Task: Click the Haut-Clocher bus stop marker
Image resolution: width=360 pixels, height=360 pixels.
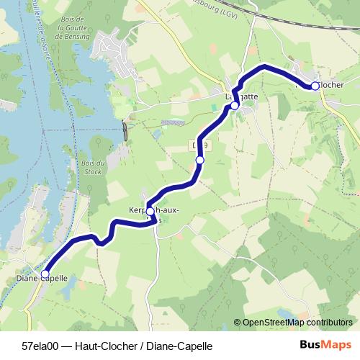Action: click(x=315, y=86)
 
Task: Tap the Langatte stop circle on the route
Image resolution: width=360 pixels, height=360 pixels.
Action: click(x=234, y=106)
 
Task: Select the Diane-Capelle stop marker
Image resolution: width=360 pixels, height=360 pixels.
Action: click(x=45, y=274)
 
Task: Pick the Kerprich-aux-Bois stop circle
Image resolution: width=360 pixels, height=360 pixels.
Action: click(x=150, y=212)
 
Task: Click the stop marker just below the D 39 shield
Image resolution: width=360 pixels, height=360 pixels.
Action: click(x=200, y=160)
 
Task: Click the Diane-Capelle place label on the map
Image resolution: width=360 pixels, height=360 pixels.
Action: click(x=41, y=278)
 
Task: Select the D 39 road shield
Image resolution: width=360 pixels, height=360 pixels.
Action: click(x=199, y=145)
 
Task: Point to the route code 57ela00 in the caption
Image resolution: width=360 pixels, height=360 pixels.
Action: click(x=40, y=346)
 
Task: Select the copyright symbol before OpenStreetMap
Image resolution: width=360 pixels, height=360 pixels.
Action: click(x=237, y=323)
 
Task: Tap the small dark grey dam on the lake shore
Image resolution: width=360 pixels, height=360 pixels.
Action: click(x=126, y=132)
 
